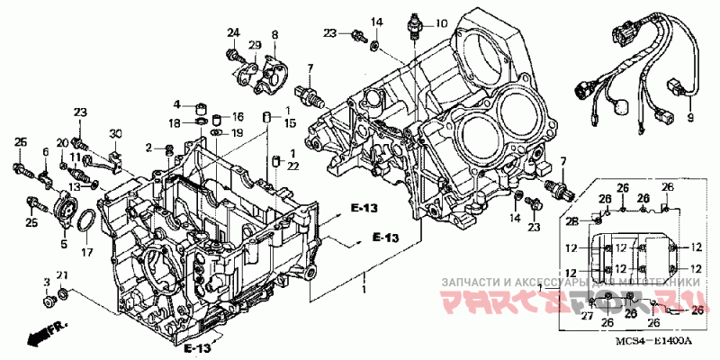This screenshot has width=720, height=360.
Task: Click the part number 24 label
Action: click(x=233, y=33)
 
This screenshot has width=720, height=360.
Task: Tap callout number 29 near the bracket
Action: click(x=255, y=46)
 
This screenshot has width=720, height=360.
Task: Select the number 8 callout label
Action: click(x=274, y=34)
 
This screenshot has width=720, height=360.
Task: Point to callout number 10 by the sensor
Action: click(x=441, y=22)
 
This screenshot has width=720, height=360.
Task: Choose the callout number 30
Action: click(x=114, y=134)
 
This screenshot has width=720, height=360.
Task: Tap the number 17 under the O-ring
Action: click(x=86, y=253)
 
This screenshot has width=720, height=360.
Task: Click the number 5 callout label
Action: click(x=63, y=242)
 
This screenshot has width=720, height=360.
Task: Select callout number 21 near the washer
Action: click(x=61, y=274)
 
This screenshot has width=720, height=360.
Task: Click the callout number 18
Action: click(x=175, y=121)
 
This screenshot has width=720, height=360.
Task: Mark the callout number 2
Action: click(x=148, y=147)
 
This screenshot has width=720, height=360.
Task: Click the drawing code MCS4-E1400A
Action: click(x=654, y=342)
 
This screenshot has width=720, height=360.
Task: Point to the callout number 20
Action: click(x=62, y=142)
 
